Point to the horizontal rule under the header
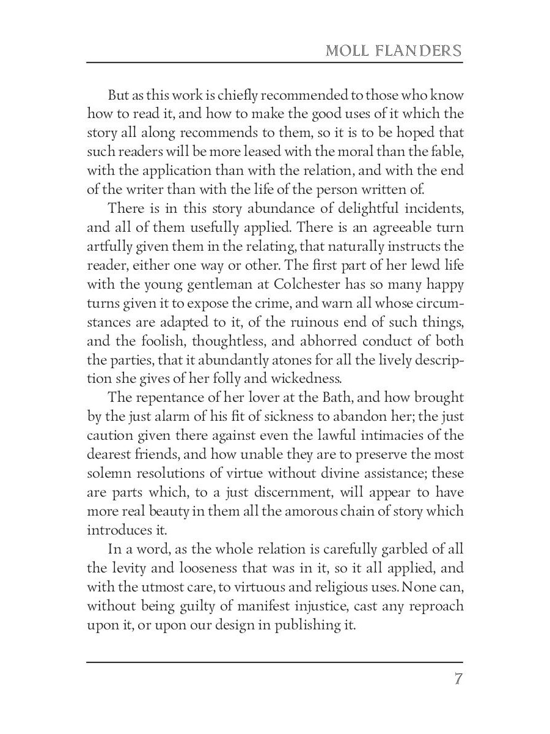coord(275,62)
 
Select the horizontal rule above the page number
coord(275,662)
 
